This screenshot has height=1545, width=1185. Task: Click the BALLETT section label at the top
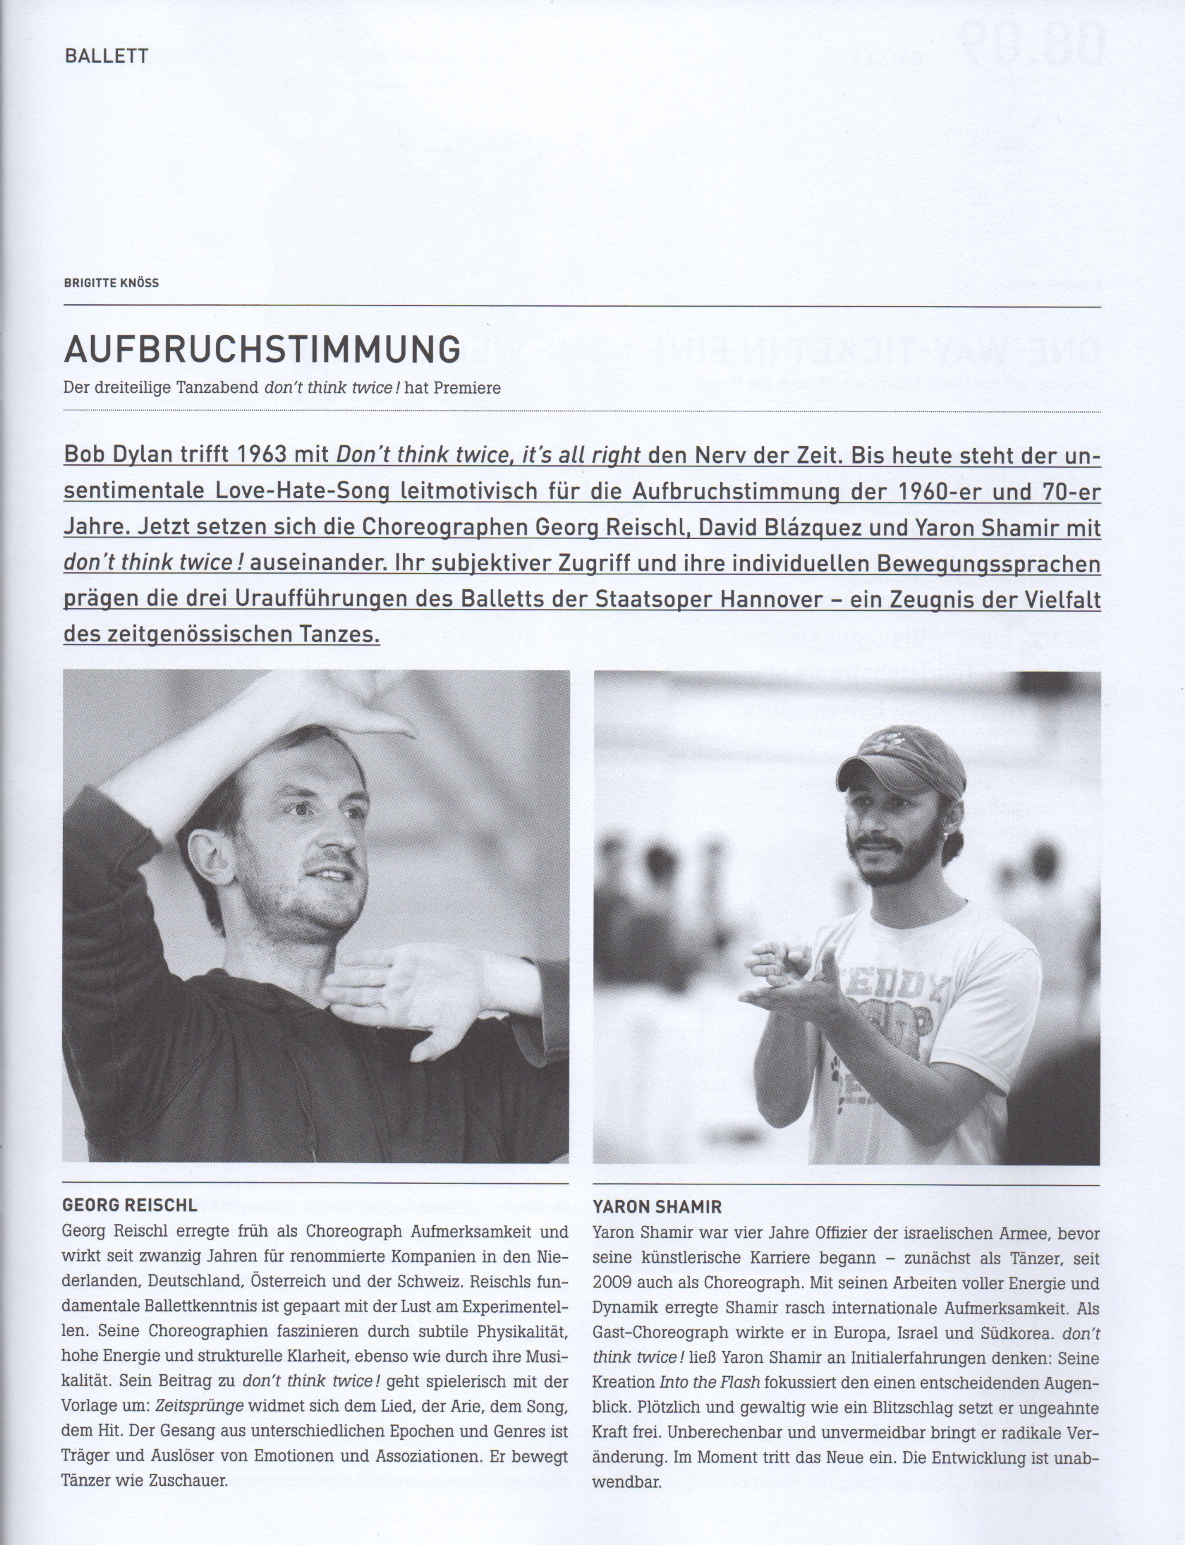106,56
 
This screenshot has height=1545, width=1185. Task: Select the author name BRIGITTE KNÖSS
111,283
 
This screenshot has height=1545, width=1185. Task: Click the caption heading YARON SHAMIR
657,1207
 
